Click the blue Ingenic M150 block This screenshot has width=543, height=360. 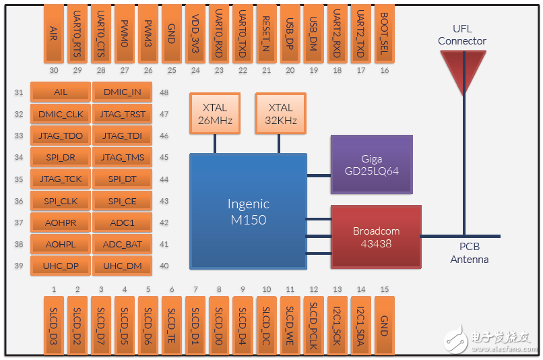[247, 211]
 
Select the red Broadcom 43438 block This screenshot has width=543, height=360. [375, 236]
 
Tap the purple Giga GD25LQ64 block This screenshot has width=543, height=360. [371, 164]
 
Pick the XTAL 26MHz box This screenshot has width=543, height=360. [215, 113]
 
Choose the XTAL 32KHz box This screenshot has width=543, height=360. [280, 113]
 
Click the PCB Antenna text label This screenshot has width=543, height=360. [470, 253]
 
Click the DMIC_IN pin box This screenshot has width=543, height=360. [122, 92]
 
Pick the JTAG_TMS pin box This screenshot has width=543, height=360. [122, 158]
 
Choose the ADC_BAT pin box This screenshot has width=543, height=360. [122, 244]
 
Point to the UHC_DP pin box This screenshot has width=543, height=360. [62, 266]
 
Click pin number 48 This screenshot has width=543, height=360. [164, 92]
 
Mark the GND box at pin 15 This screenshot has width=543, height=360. [384, 325]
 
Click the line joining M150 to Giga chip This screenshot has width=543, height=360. [319, 175]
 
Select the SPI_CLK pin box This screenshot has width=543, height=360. [62, 201]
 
